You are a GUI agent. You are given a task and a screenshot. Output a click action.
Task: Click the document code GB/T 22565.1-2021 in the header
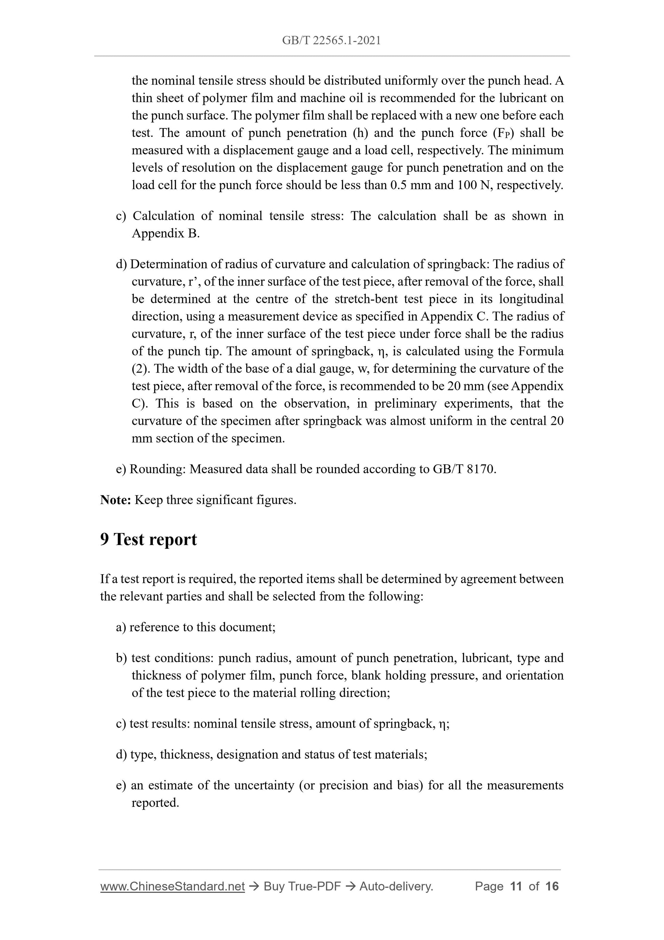coord(331,41)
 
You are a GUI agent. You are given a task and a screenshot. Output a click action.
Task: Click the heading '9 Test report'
coord(148,539)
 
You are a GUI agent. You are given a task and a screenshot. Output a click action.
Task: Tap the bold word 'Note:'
coord(115,500)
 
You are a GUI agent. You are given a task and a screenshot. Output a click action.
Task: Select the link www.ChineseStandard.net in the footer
coord(172,886)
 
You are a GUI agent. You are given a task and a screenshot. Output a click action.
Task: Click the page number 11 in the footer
coord(516,886)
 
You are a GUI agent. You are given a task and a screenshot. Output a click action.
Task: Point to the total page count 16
coord(552,886)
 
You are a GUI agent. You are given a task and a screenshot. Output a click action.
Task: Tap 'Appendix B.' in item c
coord(166,234)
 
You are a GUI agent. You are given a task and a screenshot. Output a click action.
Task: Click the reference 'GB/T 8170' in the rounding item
coord(464,469)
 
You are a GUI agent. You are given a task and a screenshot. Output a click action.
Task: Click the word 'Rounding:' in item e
coord(158,469)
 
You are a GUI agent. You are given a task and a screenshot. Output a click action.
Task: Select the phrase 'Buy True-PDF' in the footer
coord(302,886)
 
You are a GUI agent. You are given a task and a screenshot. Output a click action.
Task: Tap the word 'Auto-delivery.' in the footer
coord(396,886)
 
